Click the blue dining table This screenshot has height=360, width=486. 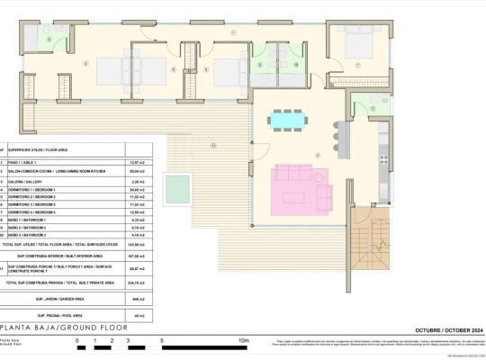pyautogui.click(x=288, y=118)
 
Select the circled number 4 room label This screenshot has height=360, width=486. pyautogui.click(x=85, y=62)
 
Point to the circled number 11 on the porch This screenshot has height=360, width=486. pyautogui.click(x=212, y=144)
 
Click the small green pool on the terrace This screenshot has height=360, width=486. pyautogui.click(x=180, y=186)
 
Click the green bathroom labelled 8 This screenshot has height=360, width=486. pyautogui.click(x=259, y=65)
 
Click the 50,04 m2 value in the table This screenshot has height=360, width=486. pyautogui.click(x=139, y=170)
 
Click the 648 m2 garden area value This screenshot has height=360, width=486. pyautogui.click(x=139, y=298)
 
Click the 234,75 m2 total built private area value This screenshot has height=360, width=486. pyautogui.click(x=139, y=283)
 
